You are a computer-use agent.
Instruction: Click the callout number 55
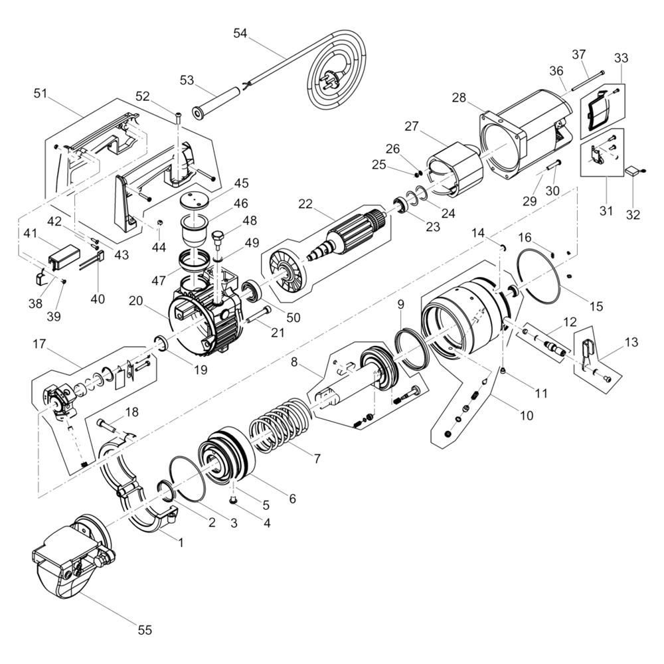pos(145,629)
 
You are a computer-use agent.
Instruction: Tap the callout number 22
pos(305,204)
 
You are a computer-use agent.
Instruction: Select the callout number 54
pos(240,33)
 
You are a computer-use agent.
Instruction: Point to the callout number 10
pos(527,416)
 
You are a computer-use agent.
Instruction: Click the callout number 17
pos(39,344)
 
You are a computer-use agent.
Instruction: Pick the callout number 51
pos(41,93)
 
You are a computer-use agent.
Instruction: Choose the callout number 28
pos(459,98)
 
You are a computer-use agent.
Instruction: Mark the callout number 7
pos(317,457)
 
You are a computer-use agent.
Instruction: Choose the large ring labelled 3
pos(187,479)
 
